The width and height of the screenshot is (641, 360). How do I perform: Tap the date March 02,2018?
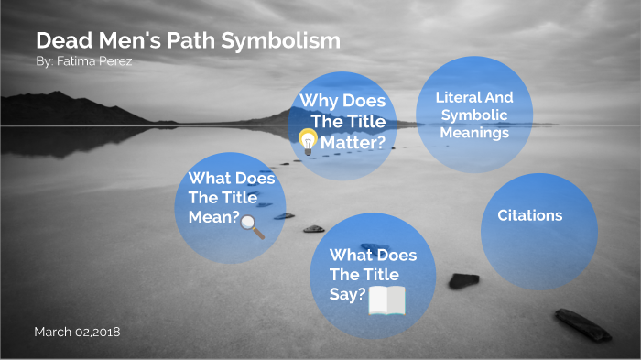pos(77,330)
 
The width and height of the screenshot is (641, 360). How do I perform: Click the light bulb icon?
pos(308,139)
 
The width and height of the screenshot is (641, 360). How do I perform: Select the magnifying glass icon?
pos(252,225)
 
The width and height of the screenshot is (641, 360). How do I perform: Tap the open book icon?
pos(386,300)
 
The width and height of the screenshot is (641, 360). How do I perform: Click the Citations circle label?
pos(529,216)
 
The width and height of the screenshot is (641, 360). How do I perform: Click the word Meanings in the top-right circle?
pos(473,132)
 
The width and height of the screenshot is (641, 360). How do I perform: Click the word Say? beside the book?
pos(347,294)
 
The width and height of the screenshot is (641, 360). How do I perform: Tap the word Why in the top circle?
pos(318,101)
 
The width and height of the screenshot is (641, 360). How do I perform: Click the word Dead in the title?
pos(61,41)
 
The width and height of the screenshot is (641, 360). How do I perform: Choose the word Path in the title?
pos(194,41)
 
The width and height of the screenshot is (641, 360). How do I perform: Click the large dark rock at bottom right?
pos(582,323)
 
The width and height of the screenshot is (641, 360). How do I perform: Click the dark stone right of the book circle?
pos(463,280)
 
